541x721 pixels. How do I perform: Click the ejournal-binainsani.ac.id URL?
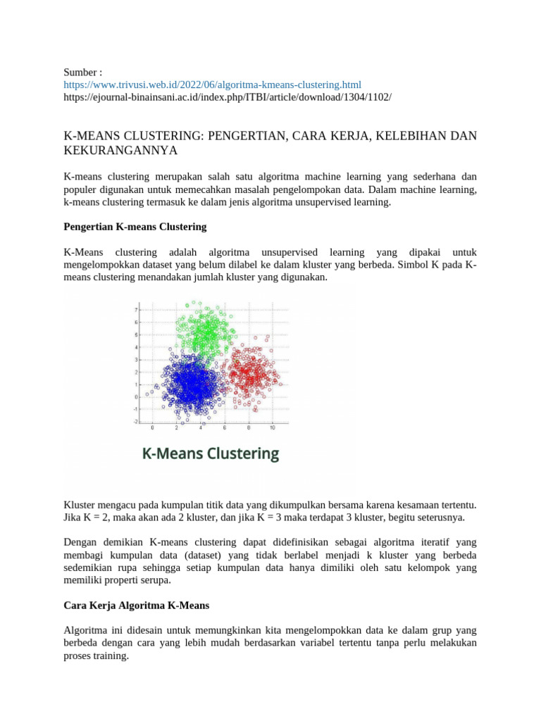click(x=227, y=96)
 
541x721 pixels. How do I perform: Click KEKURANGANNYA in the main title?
click(x=120, y=151)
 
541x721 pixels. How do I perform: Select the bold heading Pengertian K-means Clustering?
click(x=135, y=227)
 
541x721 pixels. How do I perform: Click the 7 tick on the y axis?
click(x=136, y=310)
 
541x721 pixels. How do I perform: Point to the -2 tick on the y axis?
click(x=135, y=421)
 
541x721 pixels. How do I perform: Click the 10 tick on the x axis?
click(x=272, y=427)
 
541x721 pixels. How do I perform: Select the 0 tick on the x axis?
click(x=153, y=427)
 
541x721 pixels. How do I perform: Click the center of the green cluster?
click(x=205, y=330)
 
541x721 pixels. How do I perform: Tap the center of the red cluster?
click(x=252, y=371)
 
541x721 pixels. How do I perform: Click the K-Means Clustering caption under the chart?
click(x=211, y=453)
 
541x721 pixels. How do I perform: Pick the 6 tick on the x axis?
click(x=225, y=427)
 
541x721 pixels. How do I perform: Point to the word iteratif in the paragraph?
click(x=421, y=541)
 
